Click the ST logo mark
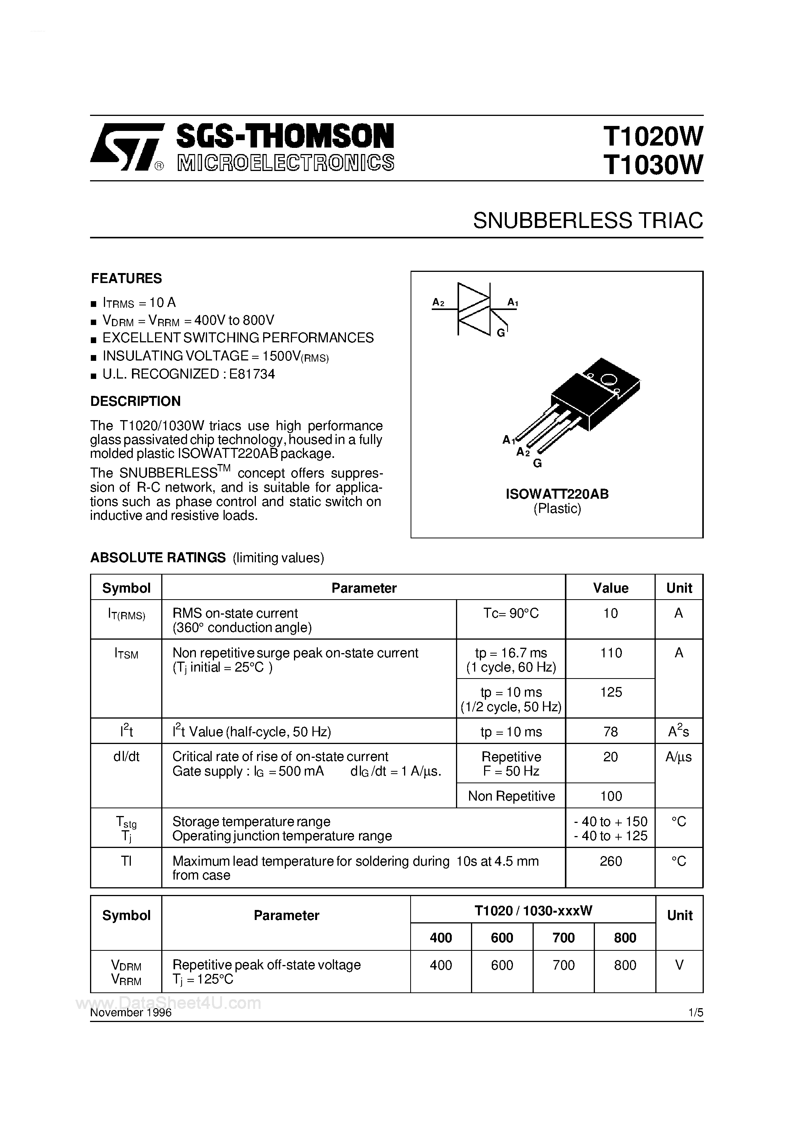click(125, 147)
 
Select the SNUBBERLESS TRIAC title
click(587, 221)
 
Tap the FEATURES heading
click(127, 278)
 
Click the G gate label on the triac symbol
click(500, 333)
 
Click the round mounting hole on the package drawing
click(609, 379)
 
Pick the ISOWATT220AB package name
click(557, 494)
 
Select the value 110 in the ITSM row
click(611, 653)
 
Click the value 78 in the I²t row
click(611, 732)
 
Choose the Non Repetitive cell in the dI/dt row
click(511, 796)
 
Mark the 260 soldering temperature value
click(611, 861)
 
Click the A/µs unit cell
click(678, 757)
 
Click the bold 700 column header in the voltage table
click(563, 938)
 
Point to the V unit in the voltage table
click(679, 965)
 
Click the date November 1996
click(131, 1013)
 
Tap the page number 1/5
click(695, 1012)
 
